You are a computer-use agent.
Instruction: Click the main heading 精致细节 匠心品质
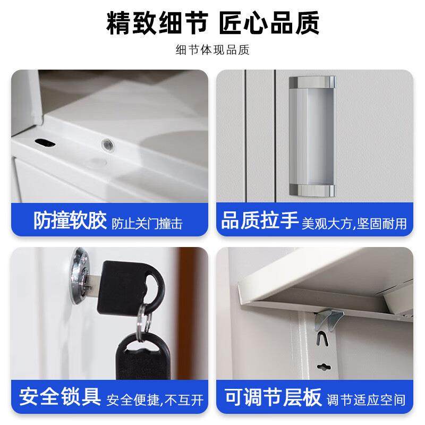(212, 23)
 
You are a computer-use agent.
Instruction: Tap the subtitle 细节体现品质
(212, 50)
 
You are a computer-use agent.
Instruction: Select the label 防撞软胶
(70, 221)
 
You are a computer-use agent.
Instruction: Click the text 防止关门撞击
(147, 223)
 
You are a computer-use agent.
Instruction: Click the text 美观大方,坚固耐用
(354, 223)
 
